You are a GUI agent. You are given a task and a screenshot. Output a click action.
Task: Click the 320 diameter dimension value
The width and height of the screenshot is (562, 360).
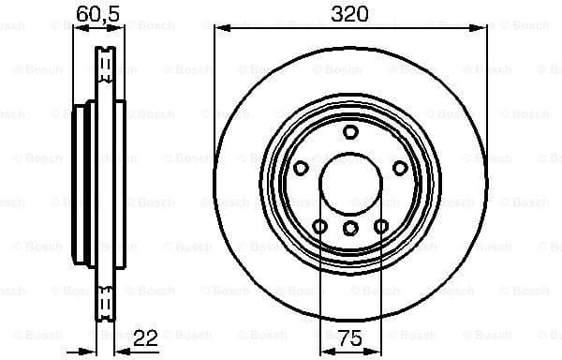[349, 13]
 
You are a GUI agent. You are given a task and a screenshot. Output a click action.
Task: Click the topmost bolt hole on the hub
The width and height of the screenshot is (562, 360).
[350, 132]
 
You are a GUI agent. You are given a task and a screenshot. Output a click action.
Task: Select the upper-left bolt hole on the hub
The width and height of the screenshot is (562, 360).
[302, 168]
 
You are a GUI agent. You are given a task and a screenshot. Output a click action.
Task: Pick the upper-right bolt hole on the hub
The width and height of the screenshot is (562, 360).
[399, 168]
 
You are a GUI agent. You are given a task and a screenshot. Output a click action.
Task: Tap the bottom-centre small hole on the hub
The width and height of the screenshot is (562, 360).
[350, 227]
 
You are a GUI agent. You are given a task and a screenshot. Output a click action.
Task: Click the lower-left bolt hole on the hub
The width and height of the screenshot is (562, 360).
[319, 226]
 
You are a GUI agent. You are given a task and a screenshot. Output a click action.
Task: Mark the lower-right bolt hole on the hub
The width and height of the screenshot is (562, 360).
[381, 226]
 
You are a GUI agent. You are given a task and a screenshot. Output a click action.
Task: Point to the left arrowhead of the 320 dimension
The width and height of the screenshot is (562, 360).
[220, 28]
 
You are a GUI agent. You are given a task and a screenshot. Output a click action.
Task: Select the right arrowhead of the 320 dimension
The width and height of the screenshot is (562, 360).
[481, 28]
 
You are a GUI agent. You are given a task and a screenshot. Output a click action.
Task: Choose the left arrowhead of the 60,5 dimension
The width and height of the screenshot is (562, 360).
[78, 28]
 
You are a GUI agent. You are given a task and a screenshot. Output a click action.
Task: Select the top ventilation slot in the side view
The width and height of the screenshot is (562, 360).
[106, 66]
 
